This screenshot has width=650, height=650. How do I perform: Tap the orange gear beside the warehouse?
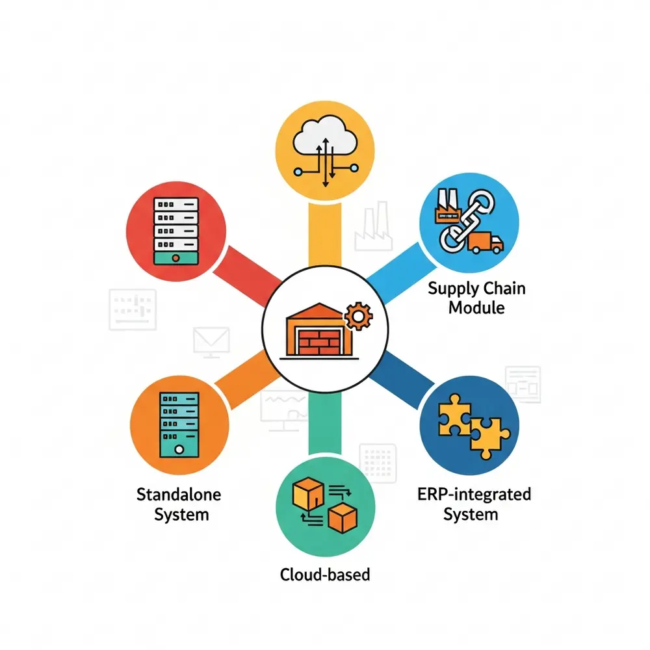click(359, 317)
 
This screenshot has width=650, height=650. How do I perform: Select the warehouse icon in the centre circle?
click(319, 330)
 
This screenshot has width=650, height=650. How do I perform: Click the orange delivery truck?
click(486, 242)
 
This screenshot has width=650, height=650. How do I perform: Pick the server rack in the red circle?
click(176, 231)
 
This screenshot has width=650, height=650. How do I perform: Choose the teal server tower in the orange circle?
click(179, 424)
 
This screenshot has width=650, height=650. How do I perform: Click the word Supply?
click(452, 289)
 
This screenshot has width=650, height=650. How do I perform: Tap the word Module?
click(476, 308)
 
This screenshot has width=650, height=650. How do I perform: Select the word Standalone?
click(179, 495)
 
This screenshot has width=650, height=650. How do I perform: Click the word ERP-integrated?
click(474, 495)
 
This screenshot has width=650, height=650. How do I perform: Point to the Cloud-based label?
click(325, 575)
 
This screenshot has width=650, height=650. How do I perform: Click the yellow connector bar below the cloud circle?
click(325, 235)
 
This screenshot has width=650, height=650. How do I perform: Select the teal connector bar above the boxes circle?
click(325, 422)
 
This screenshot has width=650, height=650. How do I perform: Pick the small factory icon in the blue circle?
click(448, 207)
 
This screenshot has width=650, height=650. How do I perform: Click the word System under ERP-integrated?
click(471, 515)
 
